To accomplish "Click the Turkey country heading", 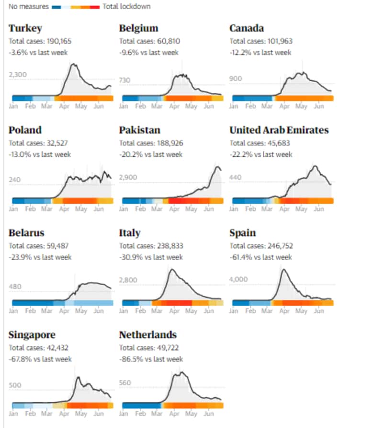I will pos(25,28).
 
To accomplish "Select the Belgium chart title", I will pos(138,28).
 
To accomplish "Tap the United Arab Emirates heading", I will pos(279,130).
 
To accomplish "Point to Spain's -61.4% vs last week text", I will pos(260,257).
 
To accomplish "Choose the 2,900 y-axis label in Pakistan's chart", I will pos(129,177).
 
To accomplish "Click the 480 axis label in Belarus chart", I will pos(15,286).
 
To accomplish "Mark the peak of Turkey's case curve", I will pos(74,64).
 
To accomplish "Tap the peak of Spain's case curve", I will pos(283,270).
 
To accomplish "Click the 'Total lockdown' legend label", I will pos(126,7).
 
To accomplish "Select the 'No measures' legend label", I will pos(28,7).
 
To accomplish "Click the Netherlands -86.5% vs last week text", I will pos(151,359).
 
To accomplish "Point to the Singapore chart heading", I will pos(32,335).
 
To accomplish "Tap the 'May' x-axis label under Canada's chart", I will pos(301,106).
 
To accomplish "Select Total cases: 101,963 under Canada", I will pos(261,41).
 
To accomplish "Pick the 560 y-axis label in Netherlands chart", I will pos(126,383).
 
